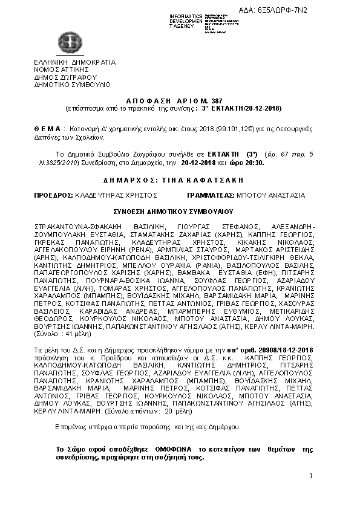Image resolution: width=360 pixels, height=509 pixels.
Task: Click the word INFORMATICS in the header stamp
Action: (x=186, y=15)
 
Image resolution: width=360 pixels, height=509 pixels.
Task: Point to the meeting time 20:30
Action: (x=253, y=163)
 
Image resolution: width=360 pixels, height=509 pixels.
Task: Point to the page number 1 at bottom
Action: (x=310, y=478)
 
